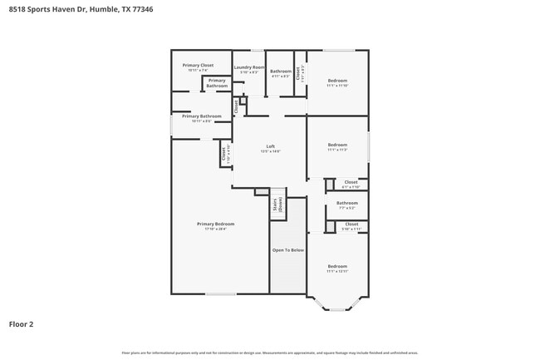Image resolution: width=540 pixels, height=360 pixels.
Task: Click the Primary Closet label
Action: coord(198,65)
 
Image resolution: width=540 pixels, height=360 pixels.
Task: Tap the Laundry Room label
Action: coord(249,67)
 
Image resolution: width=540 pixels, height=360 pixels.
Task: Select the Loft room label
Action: coord(270,146)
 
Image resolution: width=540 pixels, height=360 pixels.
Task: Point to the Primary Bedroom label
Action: coord(215,224)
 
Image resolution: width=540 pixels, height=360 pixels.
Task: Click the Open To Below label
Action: coord(288,249)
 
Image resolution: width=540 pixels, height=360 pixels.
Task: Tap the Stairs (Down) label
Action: coord(277,205)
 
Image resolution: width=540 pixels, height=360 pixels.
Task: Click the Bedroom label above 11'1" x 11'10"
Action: coord(336,81)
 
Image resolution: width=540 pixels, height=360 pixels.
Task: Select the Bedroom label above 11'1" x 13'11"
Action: coord(336,266)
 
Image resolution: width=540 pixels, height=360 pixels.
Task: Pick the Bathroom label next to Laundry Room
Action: coord(281,72)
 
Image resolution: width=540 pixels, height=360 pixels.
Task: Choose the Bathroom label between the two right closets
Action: coord(346,203)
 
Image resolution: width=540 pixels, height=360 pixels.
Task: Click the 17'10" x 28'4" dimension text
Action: coord(215,229)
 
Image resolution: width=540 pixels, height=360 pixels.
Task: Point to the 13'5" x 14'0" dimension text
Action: coord(270,151)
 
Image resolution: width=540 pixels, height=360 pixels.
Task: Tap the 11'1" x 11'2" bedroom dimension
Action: coord(336,150)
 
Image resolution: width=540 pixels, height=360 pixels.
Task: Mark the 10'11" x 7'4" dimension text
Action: coord(198,70)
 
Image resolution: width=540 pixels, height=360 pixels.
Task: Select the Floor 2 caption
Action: coord(21,323)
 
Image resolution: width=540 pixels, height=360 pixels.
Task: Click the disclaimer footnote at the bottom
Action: coord(270,353)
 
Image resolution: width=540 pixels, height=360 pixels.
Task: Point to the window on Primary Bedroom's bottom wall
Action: coord(220,293)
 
